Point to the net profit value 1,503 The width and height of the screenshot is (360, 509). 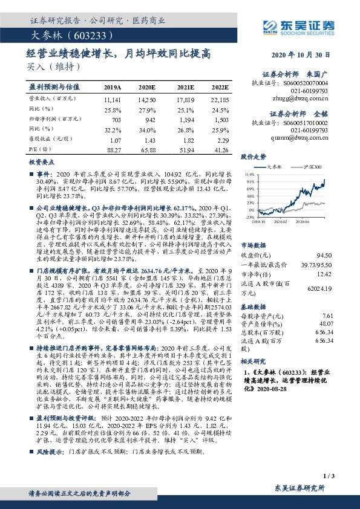221,120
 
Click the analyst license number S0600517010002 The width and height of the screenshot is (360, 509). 307,122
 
